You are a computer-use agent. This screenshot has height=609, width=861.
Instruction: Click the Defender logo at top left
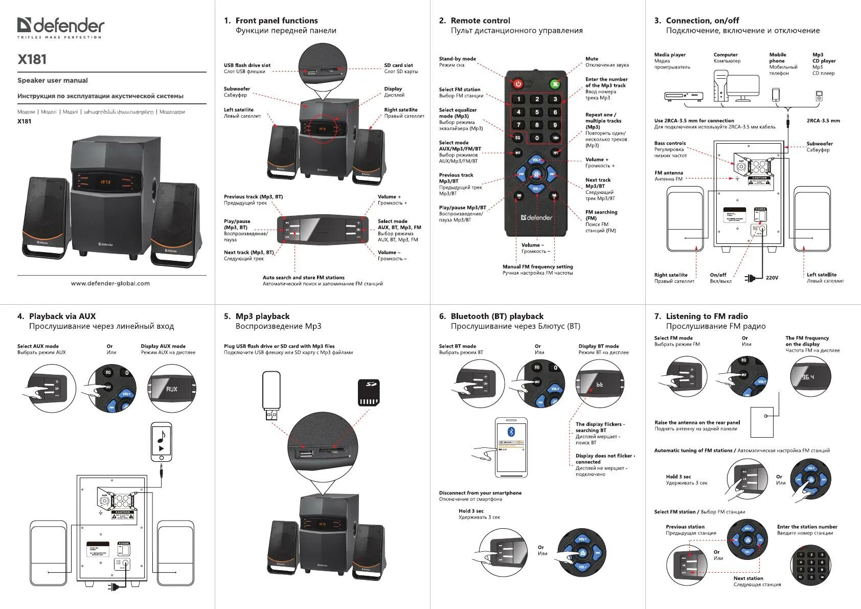[x=60, y=27]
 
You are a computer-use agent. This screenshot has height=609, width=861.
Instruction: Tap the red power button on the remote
[x=518, y=84]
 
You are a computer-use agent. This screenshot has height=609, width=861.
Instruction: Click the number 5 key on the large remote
[x=537, y=112]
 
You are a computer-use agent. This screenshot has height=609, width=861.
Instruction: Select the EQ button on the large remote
[x=517, y=138]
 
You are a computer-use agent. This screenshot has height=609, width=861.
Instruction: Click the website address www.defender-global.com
[x=110, y=283]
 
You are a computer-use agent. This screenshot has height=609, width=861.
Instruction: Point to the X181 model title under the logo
[x=32, y=59]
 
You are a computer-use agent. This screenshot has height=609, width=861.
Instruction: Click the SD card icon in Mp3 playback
[x=368, y=392]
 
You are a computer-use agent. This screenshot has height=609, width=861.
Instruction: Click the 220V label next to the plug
[x=772, y=278]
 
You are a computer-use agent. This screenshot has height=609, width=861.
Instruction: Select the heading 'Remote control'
[x=480, y=20]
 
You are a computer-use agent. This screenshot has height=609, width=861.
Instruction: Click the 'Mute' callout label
[x=592, y=59]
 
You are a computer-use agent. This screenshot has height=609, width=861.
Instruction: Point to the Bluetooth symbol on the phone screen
[x=510, y=431]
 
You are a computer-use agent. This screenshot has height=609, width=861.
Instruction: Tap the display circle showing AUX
[x=172, y=389]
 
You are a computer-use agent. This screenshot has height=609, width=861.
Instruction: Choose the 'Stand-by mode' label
[x=457, y=59]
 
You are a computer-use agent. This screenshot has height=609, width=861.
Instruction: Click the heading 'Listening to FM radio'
[x=707, y=317]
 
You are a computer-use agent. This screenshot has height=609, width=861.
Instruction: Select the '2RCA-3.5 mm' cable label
[x=823, y=121]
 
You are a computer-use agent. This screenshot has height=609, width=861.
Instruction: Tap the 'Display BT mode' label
[x=598, y=346]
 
